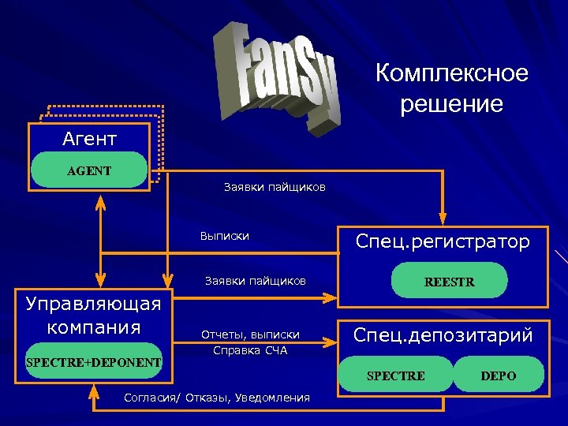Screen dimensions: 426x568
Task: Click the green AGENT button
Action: pyautogui.click(x=88, y=170)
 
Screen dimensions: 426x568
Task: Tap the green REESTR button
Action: pyautogui.click(x=449, y=282)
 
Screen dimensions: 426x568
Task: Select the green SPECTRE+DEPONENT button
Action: pyautogui.click(x=93, y=362)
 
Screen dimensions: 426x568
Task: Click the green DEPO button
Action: pyautogui.click(x=498, y=376)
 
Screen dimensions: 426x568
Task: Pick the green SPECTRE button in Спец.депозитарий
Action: pyautogui.click(x=395, y=376)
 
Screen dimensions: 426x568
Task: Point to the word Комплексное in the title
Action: pyautogui.click(x=451, y=74)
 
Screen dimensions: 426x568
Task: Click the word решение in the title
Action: pyautogui.click(x=451, y=103)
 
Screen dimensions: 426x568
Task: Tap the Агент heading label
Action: pyautogui.click(x=89, y=140)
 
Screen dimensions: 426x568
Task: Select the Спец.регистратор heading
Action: pyautogui.click(x=443, y=241)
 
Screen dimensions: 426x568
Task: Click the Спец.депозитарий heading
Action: pyautogui.click(x=443, y=335)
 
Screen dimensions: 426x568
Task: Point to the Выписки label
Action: pyautogui.click(x=225, y=236)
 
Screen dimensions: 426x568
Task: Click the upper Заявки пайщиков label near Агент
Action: pyautogui.click(x=274, y=187)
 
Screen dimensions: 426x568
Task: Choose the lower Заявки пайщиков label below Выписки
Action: pyautogui.click(x=255, y=281)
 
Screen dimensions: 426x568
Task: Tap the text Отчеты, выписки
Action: pyautogui.click(x=250, y=335)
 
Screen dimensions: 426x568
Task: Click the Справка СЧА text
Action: pyautogui.click(x=250, y=350)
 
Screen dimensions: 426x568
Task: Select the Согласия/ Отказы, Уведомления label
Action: pyautogui.click(x=217, y=397)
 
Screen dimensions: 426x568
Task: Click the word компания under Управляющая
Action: pyautogui.click(x=93, y=327)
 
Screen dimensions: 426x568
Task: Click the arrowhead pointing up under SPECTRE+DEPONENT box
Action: pyautogui.click(x=94, y=387)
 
